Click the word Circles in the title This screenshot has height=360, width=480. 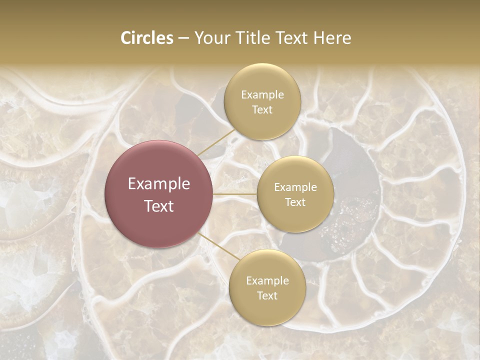pyautogui.click(x=146, y=38)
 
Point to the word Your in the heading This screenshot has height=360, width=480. pyautogui.click(x=212, y=38)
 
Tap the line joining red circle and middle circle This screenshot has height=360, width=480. pyautogui.click(x=235, y=194)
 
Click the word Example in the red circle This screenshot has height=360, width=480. pyautogui.click(x=158, y=184)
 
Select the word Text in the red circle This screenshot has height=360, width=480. pyautogui.click(x=158, y=206)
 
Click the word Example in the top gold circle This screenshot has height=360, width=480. pyautogui.click(x=262, y=95)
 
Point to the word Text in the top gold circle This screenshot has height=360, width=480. pyautogui.click(x=262, y=109)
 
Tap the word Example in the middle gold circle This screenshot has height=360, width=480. pyautogui.click(x=295, y=187)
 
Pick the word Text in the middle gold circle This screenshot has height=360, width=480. pyautogui.click(x=295, y=202)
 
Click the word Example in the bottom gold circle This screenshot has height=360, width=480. pyautogui.click(x=267, y=281)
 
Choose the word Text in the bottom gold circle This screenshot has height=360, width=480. pyautogui.click(x=267, y=295)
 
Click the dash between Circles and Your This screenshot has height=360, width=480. pyautogui.click(x=183, y=38)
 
